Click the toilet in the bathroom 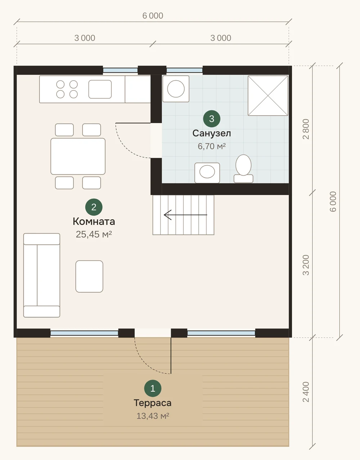click(243, 169)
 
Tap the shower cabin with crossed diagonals click(268, 96)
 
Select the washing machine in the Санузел click(176, 89)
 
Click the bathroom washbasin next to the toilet click(207, 173)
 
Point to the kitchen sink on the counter click(100, 89)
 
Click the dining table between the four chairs click(78, 156)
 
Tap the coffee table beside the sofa click(89, 276)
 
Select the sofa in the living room click(42, 275)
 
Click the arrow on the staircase click(185, 215)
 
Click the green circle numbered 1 click(153, 388)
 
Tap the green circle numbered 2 click(94, 207)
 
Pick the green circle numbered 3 click(212, 119)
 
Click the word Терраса click(153, 403)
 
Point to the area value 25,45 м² click(94, 234)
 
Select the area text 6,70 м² click(212, 146)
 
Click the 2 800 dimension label click(306, 129)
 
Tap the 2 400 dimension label click(306, 392)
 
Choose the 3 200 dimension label click(306, 265)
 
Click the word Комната click(94, 221)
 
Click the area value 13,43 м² click(153, 416)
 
